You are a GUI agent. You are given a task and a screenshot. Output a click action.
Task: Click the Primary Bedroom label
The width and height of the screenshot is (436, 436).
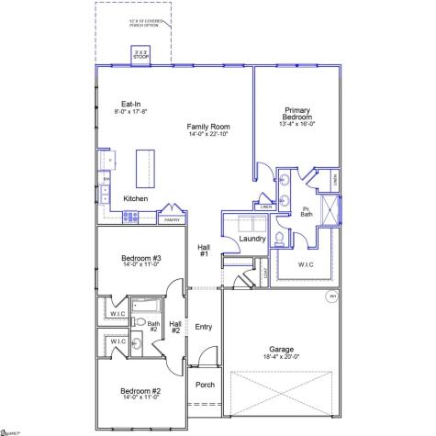point(297,114)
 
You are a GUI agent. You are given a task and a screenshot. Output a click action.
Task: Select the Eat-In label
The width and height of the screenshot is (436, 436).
point(130,104)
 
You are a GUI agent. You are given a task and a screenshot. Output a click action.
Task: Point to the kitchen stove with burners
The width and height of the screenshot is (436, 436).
point(130,218)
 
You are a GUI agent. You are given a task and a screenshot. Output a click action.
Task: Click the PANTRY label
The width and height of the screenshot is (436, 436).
point(171,220)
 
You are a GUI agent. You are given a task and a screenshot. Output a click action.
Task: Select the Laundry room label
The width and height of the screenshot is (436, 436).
point(252,240)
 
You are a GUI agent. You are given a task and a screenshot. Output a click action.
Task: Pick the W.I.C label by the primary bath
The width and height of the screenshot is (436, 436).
point(307,265)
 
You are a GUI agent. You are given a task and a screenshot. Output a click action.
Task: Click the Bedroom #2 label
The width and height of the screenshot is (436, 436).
point(140,394)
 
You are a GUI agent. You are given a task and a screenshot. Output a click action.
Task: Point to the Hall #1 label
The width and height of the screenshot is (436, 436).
point(204,250)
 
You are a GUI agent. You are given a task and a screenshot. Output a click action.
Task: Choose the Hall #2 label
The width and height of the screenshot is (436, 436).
point(175,327)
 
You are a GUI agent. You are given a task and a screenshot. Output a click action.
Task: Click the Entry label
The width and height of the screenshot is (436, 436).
point(204,326)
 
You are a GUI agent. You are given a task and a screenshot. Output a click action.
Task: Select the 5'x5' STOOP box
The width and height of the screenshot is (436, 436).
point(140,55)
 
